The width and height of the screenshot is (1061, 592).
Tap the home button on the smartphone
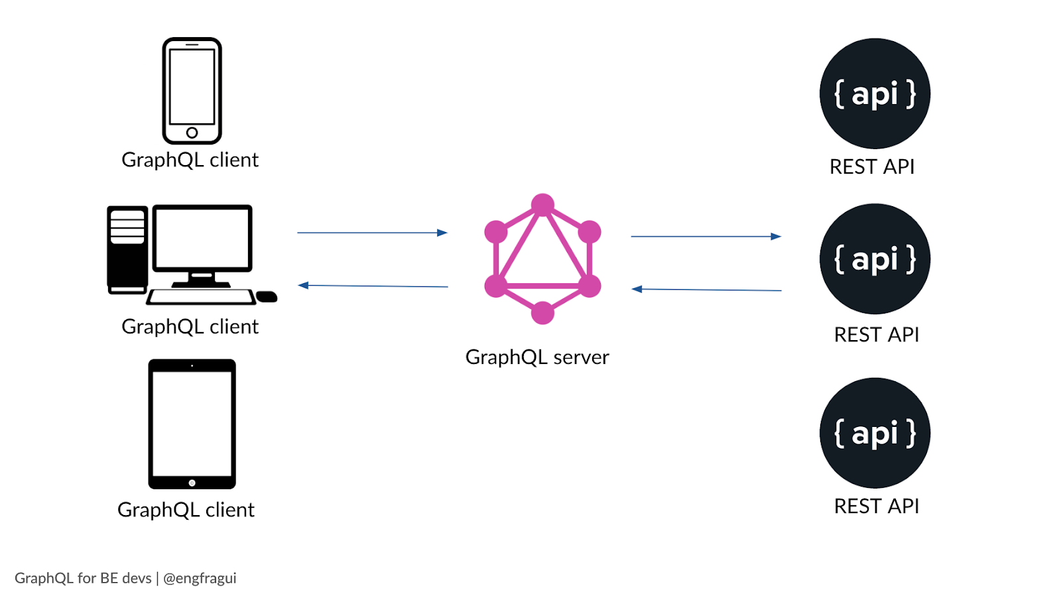[192, 133]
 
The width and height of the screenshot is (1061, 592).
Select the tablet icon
[192, 424]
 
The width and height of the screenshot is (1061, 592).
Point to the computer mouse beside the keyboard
[267, 296]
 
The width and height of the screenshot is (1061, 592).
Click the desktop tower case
[127, 249]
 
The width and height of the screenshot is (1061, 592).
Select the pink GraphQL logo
[542, 259]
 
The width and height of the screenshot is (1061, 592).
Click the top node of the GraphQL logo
[542, 205]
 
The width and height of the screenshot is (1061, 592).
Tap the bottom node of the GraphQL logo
[542, 312]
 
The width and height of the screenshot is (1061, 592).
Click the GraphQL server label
[537, 357]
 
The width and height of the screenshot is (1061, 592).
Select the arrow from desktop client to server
[372, 233]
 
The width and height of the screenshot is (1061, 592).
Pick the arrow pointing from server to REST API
[706, 236]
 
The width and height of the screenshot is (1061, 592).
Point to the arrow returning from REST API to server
[706, 290]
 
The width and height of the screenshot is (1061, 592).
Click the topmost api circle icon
[875, 93]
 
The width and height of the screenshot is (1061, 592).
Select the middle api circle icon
[875, 259]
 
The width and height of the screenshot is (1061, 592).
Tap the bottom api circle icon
[875, 433]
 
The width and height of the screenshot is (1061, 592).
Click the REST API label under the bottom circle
[876, 506]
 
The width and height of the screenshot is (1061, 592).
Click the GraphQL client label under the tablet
[186, 510]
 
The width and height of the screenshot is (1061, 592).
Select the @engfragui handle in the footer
[200, 578]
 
